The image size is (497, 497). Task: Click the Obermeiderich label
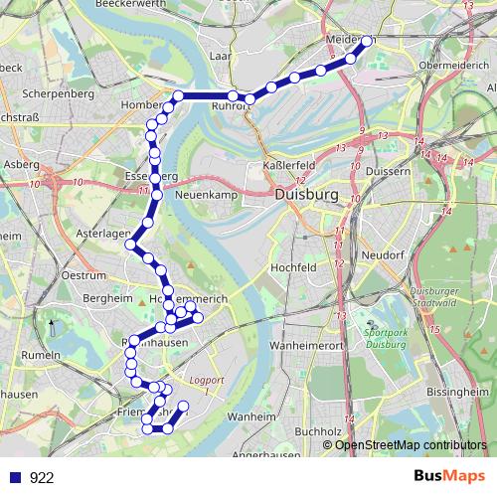click(455, 65)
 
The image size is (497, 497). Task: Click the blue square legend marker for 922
click(16, 478)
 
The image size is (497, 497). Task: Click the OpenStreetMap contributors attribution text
click(411, 445)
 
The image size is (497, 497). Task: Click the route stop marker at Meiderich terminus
click(367, 42)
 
